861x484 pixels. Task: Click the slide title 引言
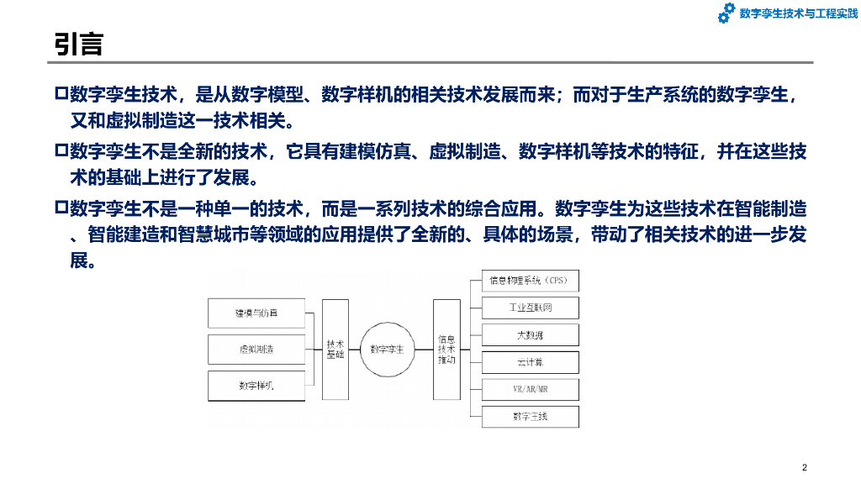(79, 44)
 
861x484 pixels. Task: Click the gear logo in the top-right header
(726, 13)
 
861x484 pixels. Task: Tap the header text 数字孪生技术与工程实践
(792, 13)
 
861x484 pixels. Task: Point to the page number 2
(805, 468)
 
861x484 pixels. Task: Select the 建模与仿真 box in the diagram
(256, 313)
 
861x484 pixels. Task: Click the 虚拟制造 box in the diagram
(256, 349)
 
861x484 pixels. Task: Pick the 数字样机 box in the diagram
(256, 385)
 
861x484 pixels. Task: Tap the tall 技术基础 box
(335, 349)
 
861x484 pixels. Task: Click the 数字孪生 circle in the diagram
(388, 349)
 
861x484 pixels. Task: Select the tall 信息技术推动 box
(446, 349)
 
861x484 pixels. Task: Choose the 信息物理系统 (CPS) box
(530, 280)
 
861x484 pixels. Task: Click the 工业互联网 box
(530, 308)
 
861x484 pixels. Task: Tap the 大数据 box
(530, 334)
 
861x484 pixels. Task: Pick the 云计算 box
(530, 362)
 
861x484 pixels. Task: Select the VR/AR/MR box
(530, 389)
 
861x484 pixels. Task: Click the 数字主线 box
(530, 416)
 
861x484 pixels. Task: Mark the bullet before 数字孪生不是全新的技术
(60, 151)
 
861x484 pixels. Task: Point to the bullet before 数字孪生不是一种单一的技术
(60, 207)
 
